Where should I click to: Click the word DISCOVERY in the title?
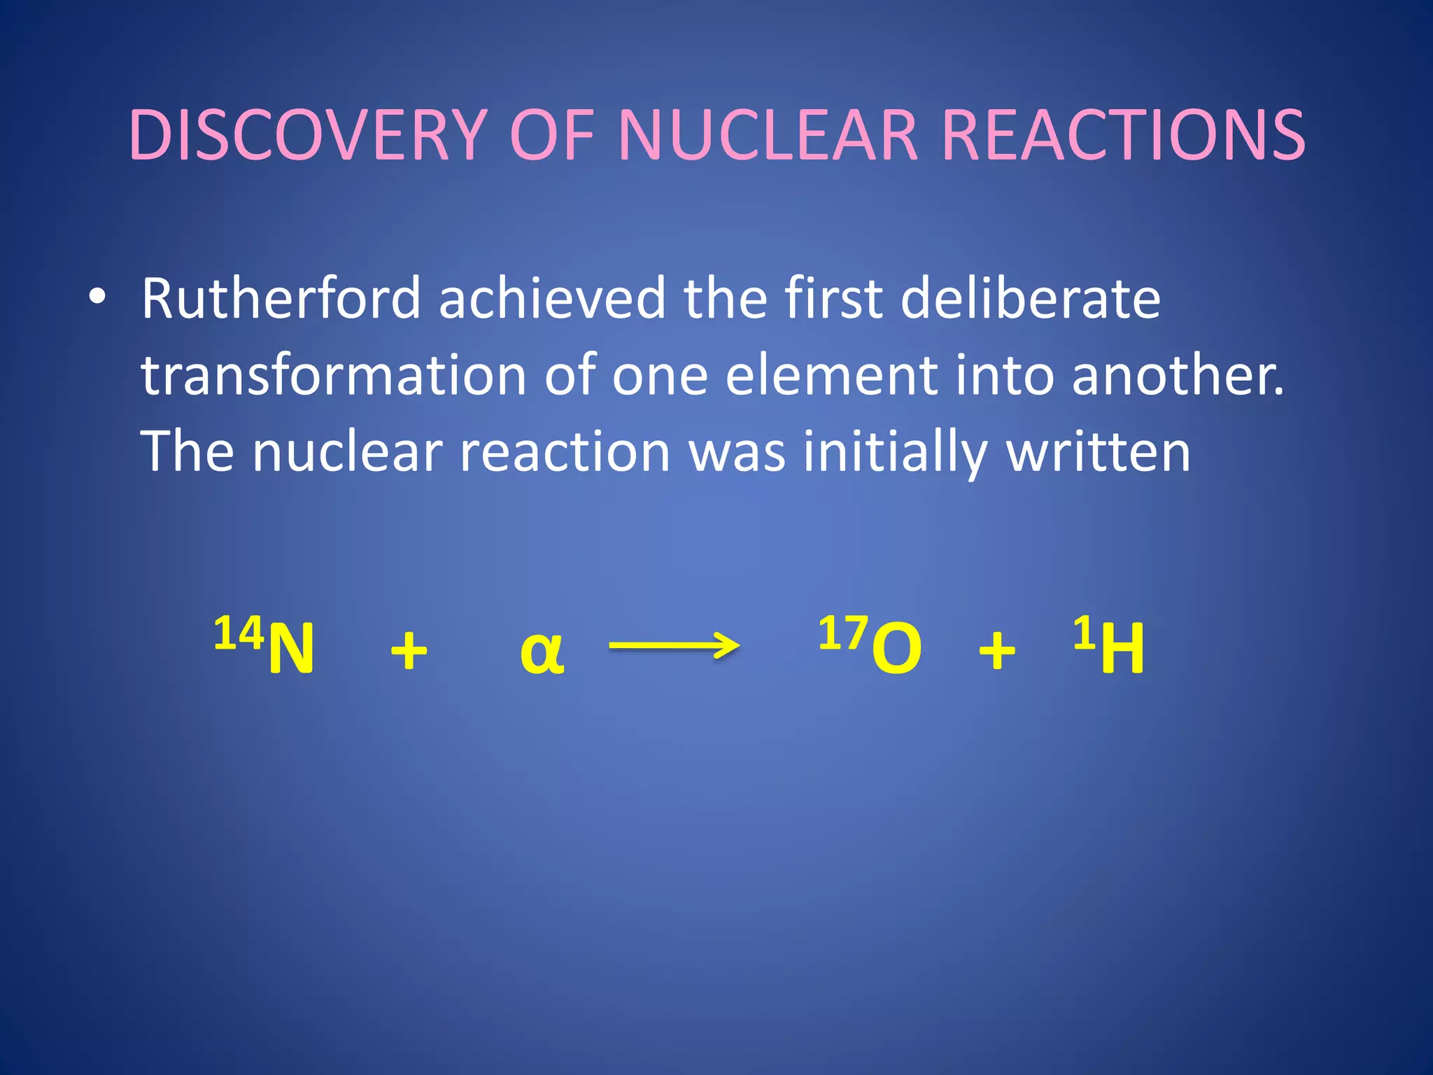click(x=308, y=135)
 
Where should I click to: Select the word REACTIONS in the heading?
click(x=1123, y=135)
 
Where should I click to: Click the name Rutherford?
click(x=281, y=299)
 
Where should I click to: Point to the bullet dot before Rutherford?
click(x=98, y=297)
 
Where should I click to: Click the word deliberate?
click(x=1030, y=299)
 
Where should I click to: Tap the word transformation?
click(x=333, y=375)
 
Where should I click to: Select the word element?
click(x=831, y=375)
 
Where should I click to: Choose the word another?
click(x=1178, y=375)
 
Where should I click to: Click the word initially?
click(x=895, y=452)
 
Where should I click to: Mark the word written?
click(x=1098, y=452)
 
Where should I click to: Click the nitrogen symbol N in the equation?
click(x=292, y=649)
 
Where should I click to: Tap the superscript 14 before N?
click(x=239, y=633)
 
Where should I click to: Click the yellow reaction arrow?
click(x=674, y=645)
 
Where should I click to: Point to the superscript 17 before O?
click(x=843, y=633)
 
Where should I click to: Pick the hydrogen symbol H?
click(x=1122, y=649)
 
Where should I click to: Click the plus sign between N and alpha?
click(x=409, y=651)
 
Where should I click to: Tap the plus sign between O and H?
click(x=996, y=651)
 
